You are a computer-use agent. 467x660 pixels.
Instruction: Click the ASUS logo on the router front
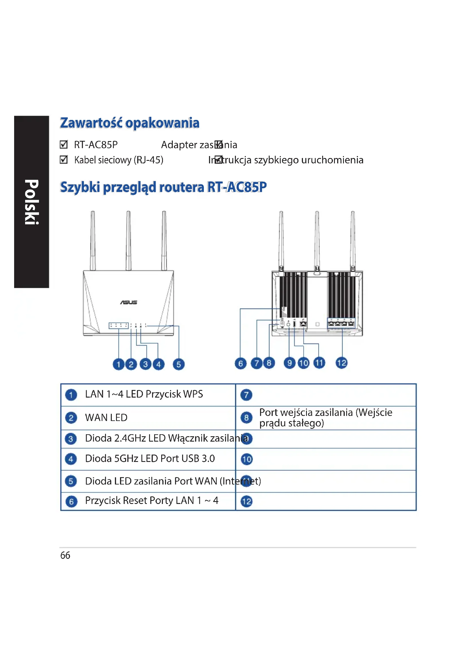pos(128,302)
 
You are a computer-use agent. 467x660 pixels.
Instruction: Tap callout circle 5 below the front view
pos(178,364)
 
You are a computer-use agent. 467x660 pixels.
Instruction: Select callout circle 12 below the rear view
pos(341,363)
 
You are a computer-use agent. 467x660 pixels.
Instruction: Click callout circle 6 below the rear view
pos(240,363)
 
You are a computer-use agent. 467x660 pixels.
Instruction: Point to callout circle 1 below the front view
pos(118,364)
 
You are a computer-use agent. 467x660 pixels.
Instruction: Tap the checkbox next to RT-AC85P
pos(64,144)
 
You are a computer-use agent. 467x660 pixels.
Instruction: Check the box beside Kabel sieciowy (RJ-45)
pos(64,159)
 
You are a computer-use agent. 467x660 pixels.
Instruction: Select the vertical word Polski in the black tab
pos(31,202)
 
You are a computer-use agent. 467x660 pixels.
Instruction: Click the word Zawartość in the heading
pos(91,123)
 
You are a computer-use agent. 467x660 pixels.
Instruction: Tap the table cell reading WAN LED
pos(106,417)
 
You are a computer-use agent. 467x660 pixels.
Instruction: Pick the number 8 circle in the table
pos(246,417)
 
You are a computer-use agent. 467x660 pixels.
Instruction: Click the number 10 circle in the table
pos(246,459)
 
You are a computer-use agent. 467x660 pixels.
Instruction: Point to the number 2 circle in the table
pos(71,418)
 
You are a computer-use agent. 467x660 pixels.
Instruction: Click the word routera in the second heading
pos(182,187)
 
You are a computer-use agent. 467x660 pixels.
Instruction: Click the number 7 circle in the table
pos(246,395)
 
